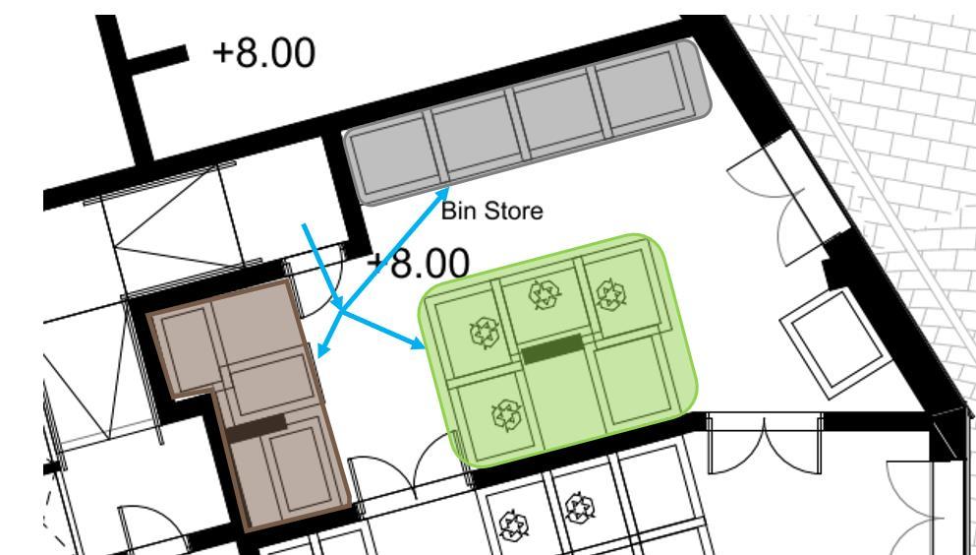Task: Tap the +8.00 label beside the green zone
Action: [x=417, y=263]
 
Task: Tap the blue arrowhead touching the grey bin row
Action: [x=445, y=192]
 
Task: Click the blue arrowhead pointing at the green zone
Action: [x=421, y=345]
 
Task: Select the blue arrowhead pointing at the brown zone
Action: [x=321, y=349]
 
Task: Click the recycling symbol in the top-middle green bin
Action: [x=543, y=292]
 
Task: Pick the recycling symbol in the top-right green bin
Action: [x=608, y=291]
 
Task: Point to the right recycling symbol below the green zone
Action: [x=576, y=511]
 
